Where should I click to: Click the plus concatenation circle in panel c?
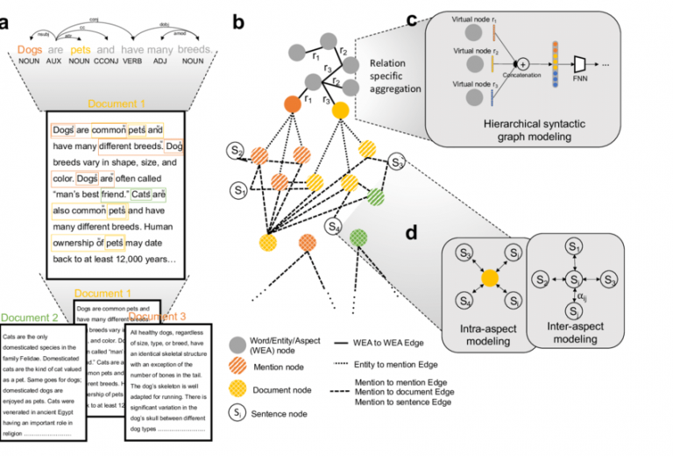tap(523, 64)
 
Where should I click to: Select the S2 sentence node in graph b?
tap(236, 151)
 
